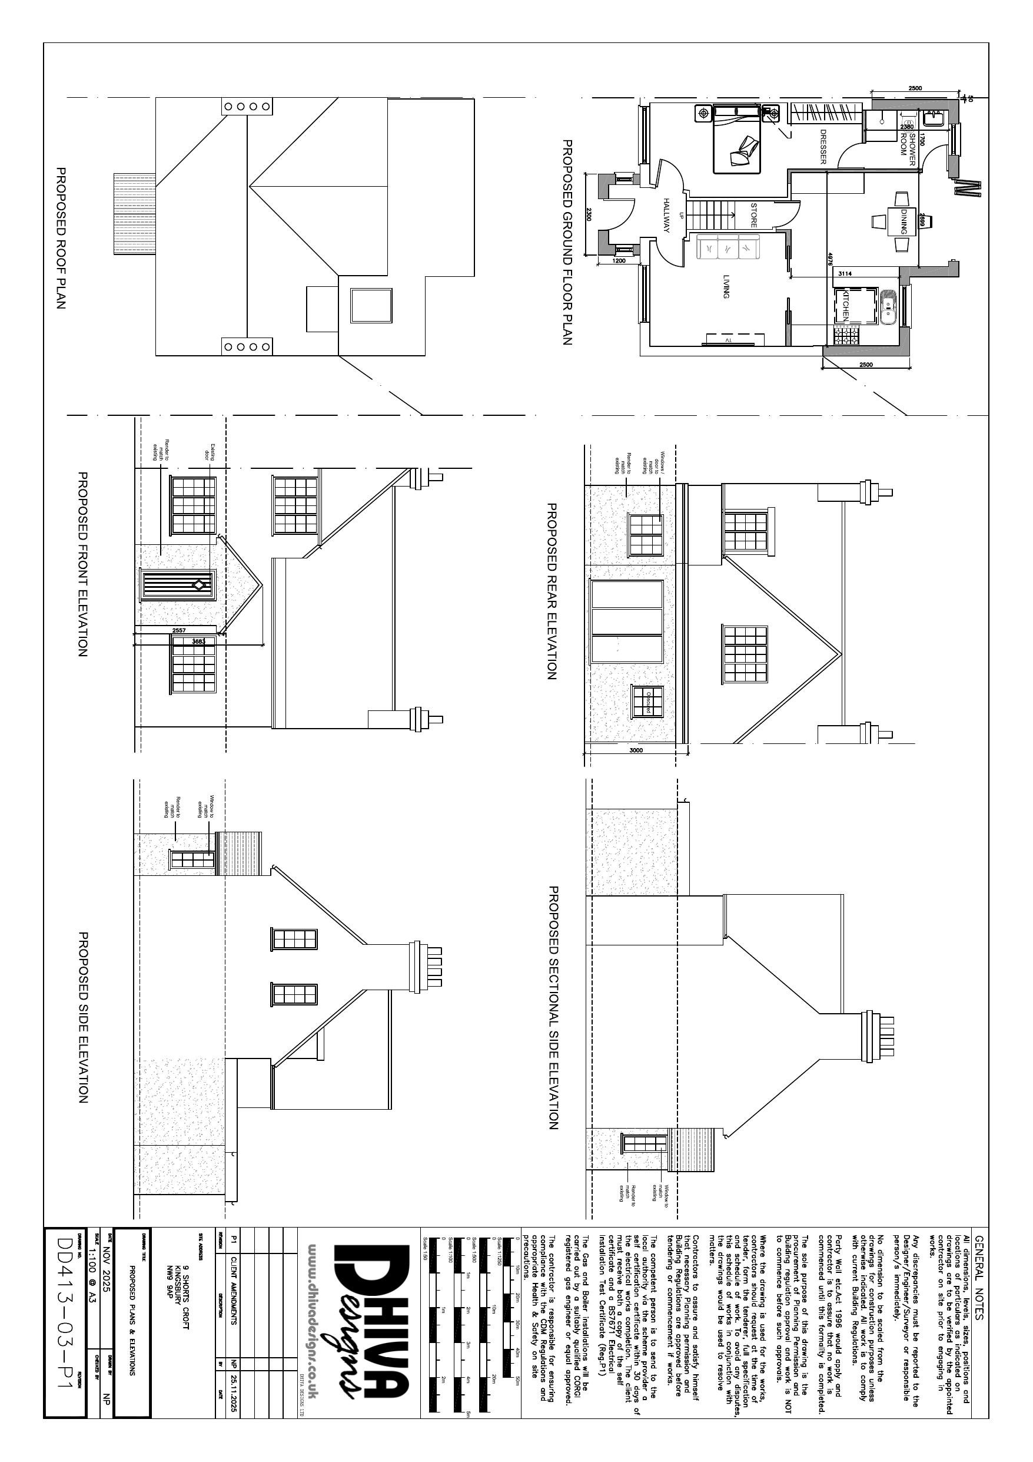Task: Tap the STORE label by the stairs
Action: pyautogui.click(x=753, y=215)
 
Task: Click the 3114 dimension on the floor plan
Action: pyautogui.click(x=845, y=273)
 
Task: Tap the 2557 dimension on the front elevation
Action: pyautogui.click(x=179, y=630)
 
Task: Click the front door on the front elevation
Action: pyautogui.click(x=179, y=584)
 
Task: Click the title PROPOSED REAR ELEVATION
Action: pyautogui.click(x=552, y=591)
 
